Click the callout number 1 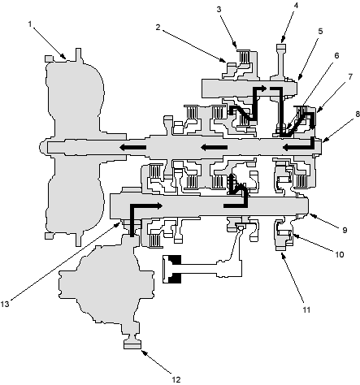pyautogui.click(x=30, y=24)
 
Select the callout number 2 pyautogui.click(x=158, y=27)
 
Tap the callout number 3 pyautogui.click(x=219, y=9)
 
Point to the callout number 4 pyautogui.click(x=296, y=5)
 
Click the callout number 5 pyautogui.click(x=320, y=31)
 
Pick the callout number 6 pyautogui.click(x=336, y=55)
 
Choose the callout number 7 pyautogui.click(x=350, y=77)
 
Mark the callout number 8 pyautogui.click(x=358, y=114)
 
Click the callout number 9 pyautogui.click(x=345, y=230)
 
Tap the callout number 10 pyautogui.click(x=340, y=254)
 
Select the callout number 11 pyautogui.click(x=306, y=309)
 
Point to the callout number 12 pyautogui.click(x=176, y=379)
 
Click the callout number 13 pyautogui.click(x=5, y=304)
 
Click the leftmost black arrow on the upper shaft pyautogui.click(x=132, y=148)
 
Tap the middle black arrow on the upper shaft pyautogui.click(x=214, y=148)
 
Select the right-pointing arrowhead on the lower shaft pyautogui.click(x=158, y=205)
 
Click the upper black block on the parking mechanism pyautogui.click(x=175, y=260)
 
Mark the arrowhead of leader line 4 pyautogui.click(x=283, y=41)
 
